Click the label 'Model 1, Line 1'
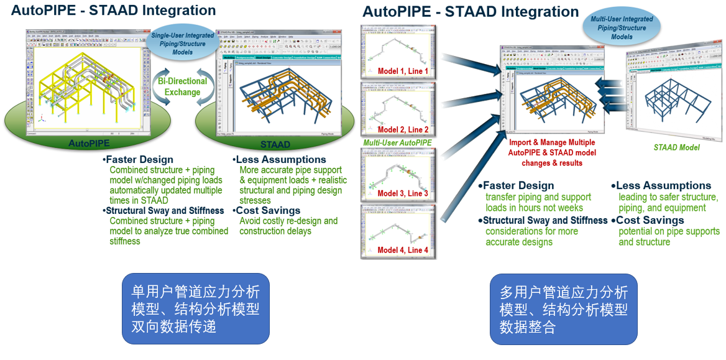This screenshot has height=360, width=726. [403, 71]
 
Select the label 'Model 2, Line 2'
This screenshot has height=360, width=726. [403, 129]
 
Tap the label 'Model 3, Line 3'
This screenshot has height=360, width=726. [403, 193]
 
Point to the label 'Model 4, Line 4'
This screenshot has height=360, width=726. [403, 250]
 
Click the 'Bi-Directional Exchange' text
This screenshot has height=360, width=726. [183, 87]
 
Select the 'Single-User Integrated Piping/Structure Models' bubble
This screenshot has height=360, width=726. [183, 44]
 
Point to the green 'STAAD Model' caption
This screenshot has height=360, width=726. [676, 147]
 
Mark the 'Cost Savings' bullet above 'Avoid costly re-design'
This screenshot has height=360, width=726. [268, 211]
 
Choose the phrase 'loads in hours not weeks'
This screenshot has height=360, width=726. [534, 208]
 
